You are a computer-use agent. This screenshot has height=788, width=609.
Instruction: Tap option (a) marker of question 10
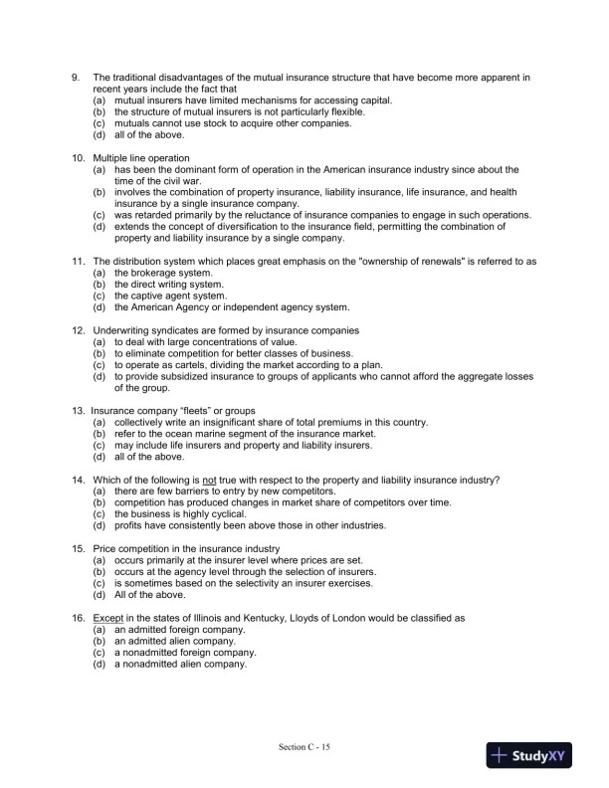point(99,170)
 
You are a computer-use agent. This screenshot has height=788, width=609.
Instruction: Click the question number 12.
point(76,330)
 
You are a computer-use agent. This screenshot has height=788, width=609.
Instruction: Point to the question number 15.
point(76,549)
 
